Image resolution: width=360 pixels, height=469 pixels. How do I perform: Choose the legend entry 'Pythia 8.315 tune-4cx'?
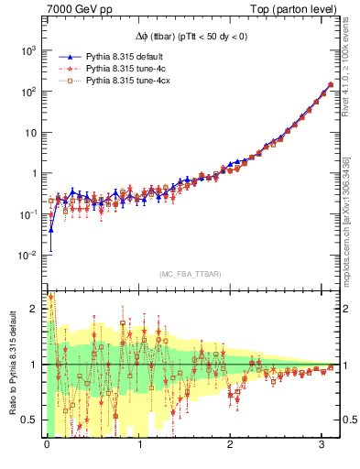[129, 81]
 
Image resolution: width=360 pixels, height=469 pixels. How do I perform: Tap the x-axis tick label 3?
[321, 445]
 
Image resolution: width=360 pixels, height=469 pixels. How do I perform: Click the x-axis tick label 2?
[230, 445]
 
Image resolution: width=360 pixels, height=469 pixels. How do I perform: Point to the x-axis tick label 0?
[47, 445]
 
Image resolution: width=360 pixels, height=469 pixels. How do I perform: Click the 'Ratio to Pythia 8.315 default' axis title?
[12, 364]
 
